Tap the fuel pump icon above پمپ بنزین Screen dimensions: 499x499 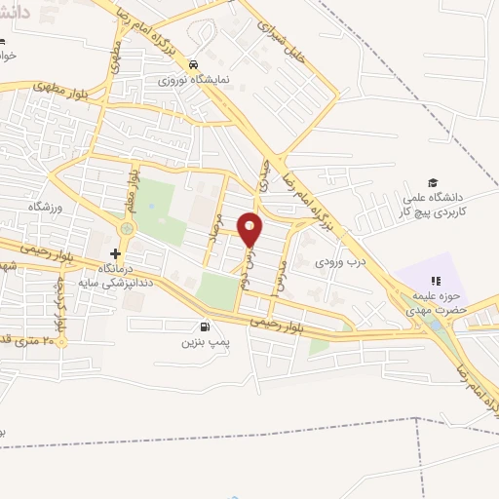204,326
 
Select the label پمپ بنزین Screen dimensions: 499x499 205,342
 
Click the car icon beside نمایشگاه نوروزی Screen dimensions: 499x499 195,58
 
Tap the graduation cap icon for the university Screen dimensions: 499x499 432,182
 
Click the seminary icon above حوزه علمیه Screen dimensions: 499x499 436,281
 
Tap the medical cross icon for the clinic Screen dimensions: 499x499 115,253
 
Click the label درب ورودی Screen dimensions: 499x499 339,261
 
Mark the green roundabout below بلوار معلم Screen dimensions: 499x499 126,229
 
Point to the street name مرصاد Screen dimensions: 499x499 218,227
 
